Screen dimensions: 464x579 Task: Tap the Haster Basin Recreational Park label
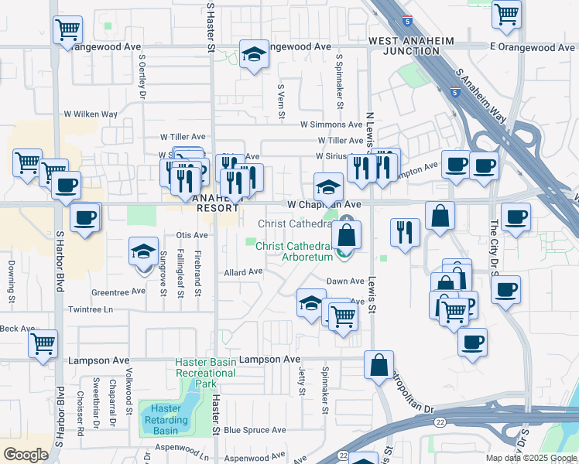[205, 373]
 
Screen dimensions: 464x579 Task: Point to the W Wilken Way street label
[91, 114]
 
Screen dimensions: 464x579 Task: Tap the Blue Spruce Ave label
[255, 430]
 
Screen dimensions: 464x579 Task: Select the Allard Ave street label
[244, 272]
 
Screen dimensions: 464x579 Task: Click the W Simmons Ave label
[332, 124]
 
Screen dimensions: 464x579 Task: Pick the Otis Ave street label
[193, 234]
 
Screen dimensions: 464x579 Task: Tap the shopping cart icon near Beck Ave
[43, 343]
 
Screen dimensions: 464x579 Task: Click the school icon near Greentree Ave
[144, 252]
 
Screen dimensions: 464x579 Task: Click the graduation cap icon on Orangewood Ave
[253, 54]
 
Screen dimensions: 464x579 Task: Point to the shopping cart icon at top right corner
[506, 13]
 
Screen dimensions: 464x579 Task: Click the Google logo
[26, 455]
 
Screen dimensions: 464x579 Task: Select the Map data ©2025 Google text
[531, 458]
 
